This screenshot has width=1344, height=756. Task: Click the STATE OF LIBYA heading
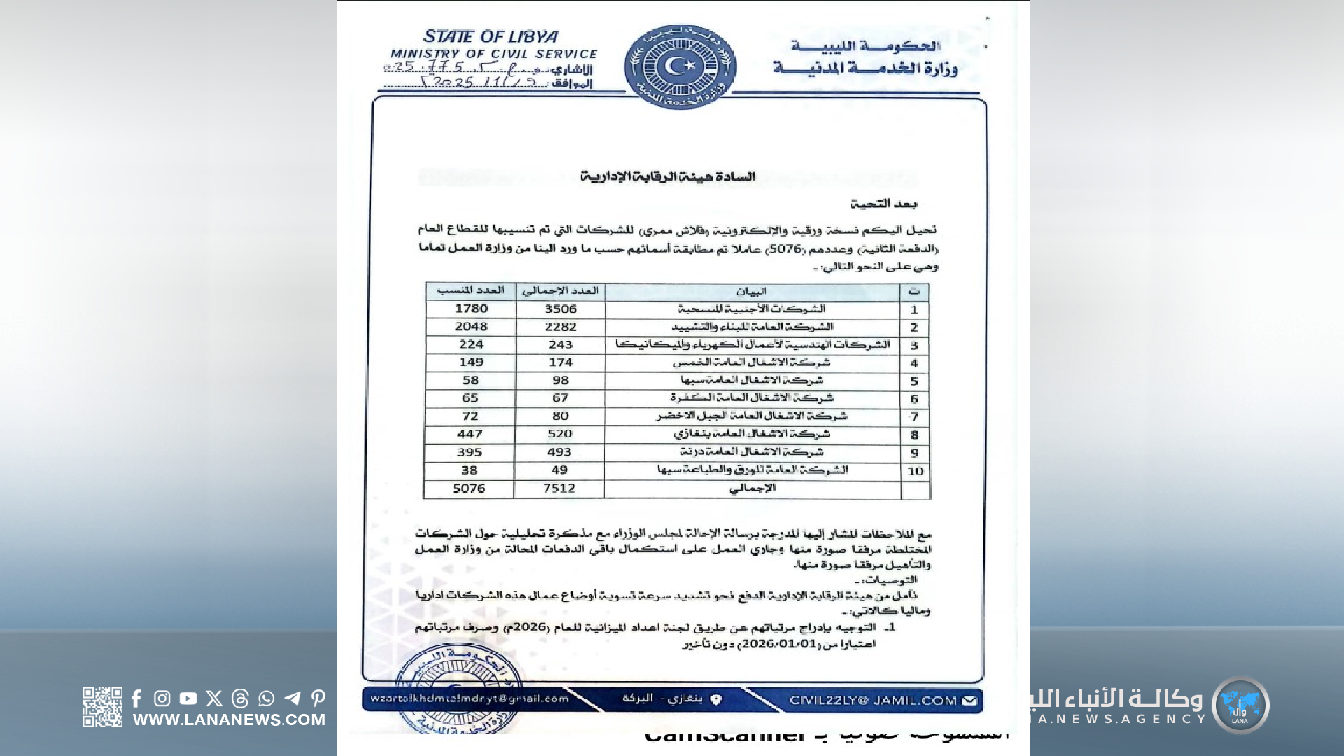click(x=491, y=36)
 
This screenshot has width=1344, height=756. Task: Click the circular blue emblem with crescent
click(x=679, y=66)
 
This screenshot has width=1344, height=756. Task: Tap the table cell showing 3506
click(x=561, y=309)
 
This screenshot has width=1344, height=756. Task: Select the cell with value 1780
click(x=471, y=309)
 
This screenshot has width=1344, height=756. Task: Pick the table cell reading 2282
click(x=561, y=327)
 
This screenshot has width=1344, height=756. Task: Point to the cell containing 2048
click(x=471, y=326)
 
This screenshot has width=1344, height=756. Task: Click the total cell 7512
click(x=559, y=489)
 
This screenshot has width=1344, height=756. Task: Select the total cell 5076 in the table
click(x=469, y=489)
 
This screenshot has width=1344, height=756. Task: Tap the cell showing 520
click(x=560, y=434)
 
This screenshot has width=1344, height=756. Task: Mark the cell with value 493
click(x=559, y=452)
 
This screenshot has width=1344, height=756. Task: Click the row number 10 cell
click(x=916, y=471)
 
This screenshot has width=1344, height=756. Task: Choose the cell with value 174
click(x=561, y=363)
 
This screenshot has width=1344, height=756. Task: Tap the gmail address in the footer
click(x=470, y=699)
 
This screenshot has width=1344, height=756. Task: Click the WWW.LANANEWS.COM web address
click(x=229, y=720)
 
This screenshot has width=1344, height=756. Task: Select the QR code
click(x=102, y=706)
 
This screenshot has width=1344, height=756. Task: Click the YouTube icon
click(x=188, y=699)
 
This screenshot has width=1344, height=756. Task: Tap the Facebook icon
click(x=136, y=699)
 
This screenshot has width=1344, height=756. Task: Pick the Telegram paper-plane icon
click(x=293, y=699)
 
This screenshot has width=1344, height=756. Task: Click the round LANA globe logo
click(x=1240, y=705)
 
